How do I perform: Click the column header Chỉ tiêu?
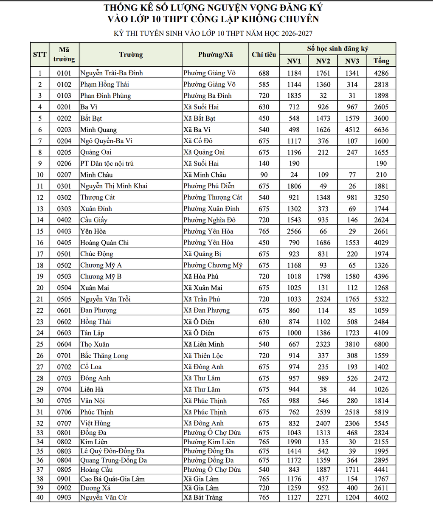coord(264,55)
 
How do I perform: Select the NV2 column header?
coord(323,61)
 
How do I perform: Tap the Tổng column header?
coord(381,61)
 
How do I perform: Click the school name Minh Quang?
coord(98,130)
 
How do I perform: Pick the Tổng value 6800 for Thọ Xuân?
coord(381,344)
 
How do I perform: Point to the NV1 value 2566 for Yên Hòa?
coord(294,231)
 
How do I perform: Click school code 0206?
coord(64,163)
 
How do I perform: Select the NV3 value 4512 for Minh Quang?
coord(352,130)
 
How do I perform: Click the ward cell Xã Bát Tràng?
coord(203,498)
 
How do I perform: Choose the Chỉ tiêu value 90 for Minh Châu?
coord(264,175)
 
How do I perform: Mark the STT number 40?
coord(40,498)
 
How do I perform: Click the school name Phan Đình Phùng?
coord(106,96)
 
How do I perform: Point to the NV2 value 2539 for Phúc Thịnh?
coord(323,412)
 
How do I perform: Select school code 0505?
coord(64,299)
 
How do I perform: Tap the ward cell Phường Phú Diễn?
coord(209,186)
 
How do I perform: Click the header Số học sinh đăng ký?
coord(337,48)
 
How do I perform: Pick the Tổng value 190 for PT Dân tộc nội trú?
coord(381,163)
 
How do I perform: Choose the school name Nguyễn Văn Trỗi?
coord(105,299)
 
